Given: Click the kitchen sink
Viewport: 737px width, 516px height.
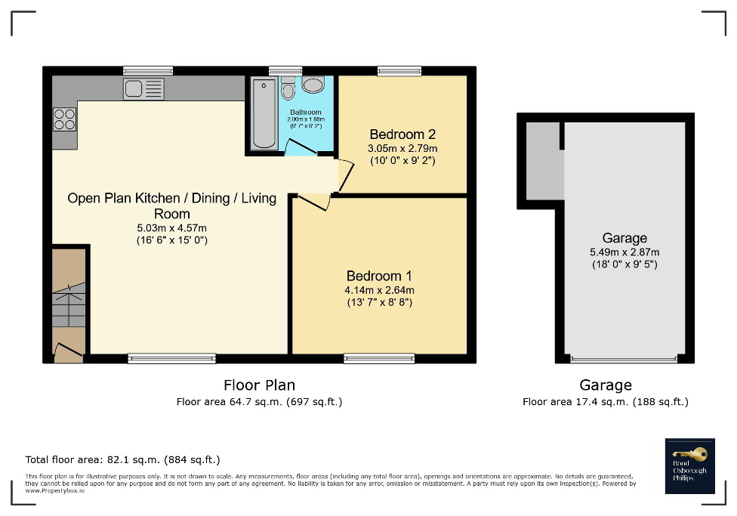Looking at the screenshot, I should point(143,89).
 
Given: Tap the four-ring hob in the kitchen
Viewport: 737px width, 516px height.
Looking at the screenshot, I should point(64,119).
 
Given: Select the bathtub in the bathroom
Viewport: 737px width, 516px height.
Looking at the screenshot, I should point(264,114).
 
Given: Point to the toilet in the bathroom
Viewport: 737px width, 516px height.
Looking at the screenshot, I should point(287,90).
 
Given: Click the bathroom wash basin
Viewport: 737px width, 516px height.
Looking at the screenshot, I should point(313,84).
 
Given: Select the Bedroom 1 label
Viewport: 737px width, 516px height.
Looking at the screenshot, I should point(379,276).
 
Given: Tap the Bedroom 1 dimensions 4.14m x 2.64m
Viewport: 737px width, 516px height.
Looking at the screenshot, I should point(379,289).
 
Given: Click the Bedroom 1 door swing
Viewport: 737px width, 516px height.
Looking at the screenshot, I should point(313,202).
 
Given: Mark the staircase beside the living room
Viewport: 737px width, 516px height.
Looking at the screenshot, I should point(68,302).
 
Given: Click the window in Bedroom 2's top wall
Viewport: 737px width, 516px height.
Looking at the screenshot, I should point(399,71).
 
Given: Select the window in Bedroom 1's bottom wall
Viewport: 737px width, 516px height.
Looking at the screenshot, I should point(379,359).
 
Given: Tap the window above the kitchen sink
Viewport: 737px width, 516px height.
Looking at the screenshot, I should point(148,71).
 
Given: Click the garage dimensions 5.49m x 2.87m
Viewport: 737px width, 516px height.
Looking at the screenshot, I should point(624,252).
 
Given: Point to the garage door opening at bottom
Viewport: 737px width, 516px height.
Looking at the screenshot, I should point(624,359).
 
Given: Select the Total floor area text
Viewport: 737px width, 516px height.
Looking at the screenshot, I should point(122,459).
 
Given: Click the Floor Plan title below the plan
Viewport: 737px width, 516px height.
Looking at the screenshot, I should point(259,385).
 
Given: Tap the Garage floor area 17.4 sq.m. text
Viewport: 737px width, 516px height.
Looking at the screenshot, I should point(605,402).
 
